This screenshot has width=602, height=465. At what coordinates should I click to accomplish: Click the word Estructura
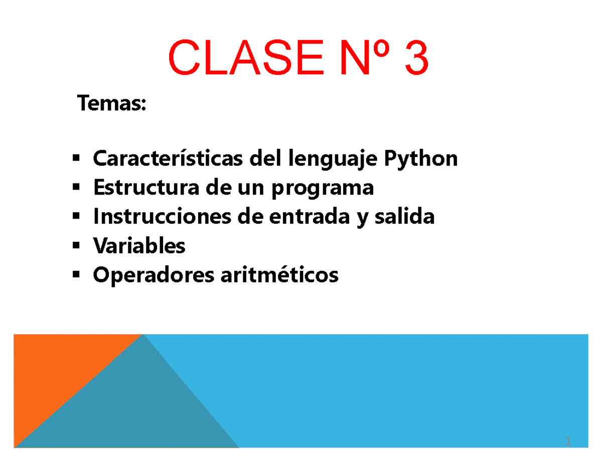click(141, 188)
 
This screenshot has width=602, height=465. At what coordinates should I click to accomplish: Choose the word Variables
click(139, 246)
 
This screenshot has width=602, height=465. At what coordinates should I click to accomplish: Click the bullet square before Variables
click(76, 246)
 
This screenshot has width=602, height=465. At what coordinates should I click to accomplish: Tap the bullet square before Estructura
click(76, 188)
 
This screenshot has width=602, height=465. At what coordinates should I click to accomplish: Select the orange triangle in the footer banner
click(55, 371)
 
